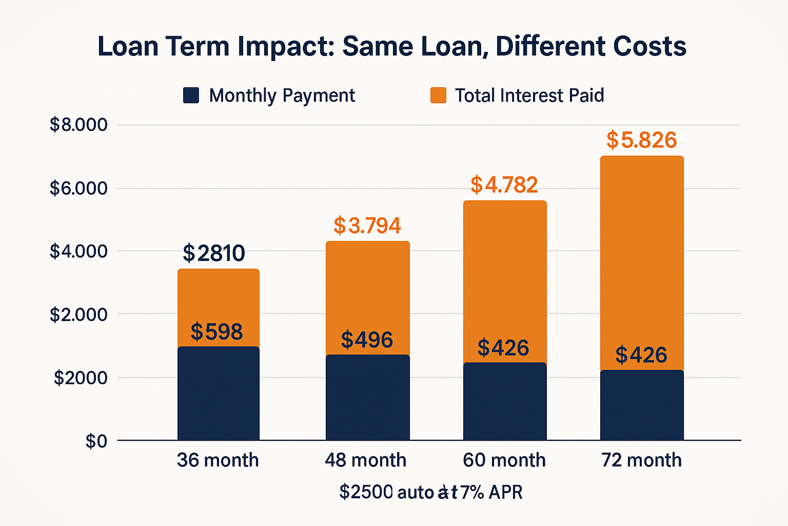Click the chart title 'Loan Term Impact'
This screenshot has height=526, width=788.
coord(215,47)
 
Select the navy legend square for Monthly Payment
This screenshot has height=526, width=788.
coord(191,96)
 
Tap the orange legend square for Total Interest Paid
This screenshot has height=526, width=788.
coord(438,96)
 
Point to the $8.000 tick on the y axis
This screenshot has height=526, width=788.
coord(78,125)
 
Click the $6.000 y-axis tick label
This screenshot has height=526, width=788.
coord(78,188)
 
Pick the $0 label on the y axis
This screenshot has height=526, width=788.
coord(96,441)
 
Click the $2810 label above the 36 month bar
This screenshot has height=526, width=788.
coord(214,253)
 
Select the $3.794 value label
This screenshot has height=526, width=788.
coord(367,226)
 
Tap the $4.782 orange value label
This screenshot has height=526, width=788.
coord(504,185)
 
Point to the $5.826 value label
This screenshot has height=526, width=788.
coord(642,140)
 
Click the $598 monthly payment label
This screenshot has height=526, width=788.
coord(216,332)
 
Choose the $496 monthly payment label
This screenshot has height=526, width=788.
coord(367,340)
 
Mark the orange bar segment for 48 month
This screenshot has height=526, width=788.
coord(367,298)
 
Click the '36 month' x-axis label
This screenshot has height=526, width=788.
coord(218,460)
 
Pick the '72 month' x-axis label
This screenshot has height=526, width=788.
coord(641,460)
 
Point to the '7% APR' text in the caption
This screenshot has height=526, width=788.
coord(491,492)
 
